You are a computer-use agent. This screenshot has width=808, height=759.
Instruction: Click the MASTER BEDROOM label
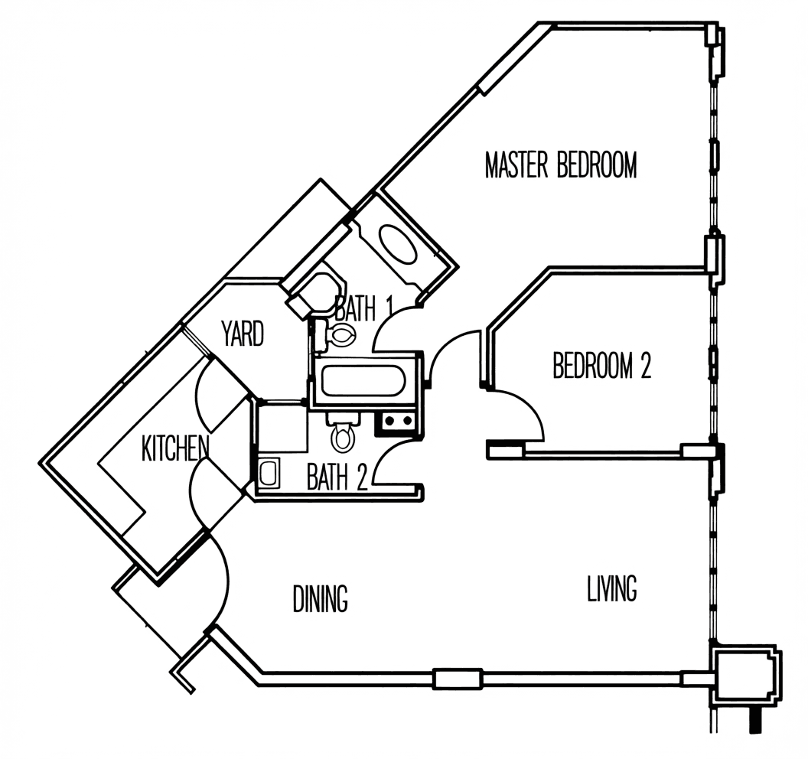click(561, 165)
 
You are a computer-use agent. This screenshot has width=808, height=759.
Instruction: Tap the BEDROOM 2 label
click(602, 365)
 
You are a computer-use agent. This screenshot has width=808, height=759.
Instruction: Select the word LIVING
click(611, 588)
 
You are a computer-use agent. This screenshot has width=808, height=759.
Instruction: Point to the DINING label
click(320, 598)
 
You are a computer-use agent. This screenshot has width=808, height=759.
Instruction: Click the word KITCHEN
click(175, 448)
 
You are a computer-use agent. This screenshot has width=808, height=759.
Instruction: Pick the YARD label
click(243, 333)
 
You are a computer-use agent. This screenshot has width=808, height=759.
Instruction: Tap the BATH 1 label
click(363, 308)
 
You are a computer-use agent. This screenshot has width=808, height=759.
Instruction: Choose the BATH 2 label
click(337, 477)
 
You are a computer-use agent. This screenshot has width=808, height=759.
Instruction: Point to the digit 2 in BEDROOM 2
click(645, 365)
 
